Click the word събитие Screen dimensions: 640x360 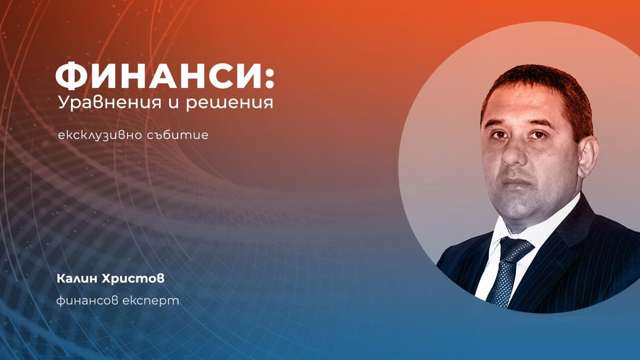[178, 134]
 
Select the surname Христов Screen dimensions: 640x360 [133, 278]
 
